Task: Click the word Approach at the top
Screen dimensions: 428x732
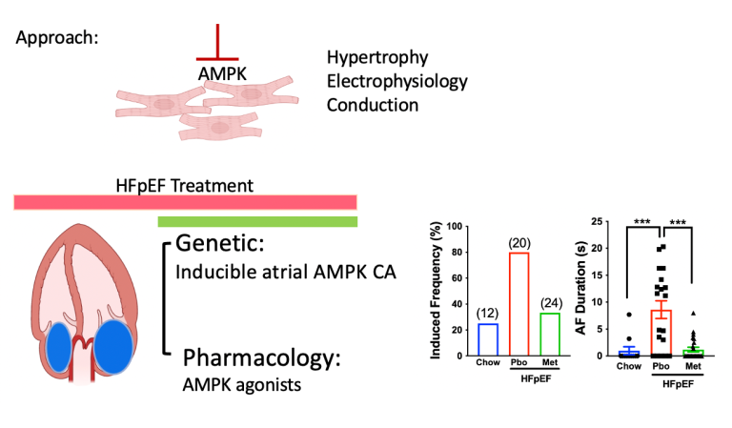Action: tap(58, 40)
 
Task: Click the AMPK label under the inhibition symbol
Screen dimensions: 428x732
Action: tap(220, 72)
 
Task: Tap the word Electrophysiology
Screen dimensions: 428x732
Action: tap(396, 81)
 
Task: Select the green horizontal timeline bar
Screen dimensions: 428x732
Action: tap(257, 222)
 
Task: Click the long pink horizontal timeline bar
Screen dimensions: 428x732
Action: tap(185, 201)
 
